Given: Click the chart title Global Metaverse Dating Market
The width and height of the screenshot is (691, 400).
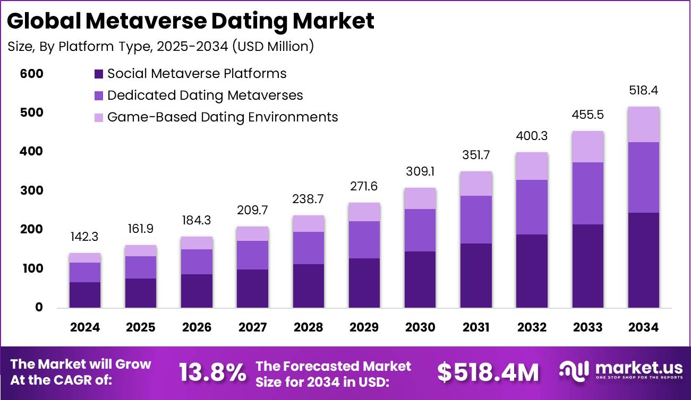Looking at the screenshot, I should tap(191, 21).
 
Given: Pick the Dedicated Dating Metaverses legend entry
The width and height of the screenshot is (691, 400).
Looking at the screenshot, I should tap(199, 95).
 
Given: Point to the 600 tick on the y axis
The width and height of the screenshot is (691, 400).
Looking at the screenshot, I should tap(31, 74).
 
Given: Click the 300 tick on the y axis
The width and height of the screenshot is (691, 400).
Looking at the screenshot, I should tap(31, 190).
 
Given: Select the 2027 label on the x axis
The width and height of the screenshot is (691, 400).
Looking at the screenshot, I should tap(252, 327).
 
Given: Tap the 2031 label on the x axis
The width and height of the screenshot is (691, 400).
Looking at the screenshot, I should tap(476, 327).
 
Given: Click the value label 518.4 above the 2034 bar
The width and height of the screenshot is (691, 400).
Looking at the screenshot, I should tap(644, 91).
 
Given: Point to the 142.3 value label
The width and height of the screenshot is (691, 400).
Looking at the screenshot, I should tap(85, 237).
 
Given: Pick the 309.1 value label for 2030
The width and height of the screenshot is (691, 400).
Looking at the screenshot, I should tap(420, 172).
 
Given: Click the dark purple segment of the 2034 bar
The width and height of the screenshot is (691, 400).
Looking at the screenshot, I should tap(644, 260).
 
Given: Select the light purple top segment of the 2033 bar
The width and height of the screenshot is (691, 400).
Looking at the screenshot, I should tap(588, 146).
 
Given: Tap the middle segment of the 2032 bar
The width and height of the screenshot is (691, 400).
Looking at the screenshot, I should tap(532, 207).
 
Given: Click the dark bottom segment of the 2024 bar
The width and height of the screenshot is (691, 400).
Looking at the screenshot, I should tap(85, 295).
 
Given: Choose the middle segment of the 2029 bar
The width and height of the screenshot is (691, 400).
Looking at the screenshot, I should tap(364, 240).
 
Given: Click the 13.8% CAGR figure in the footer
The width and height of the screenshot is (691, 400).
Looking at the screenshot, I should tap(212, 373).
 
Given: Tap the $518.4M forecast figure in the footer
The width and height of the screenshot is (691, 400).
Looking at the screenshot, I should tap(488, 373).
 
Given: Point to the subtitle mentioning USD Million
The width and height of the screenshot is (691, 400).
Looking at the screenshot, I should tap(161, 47).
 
